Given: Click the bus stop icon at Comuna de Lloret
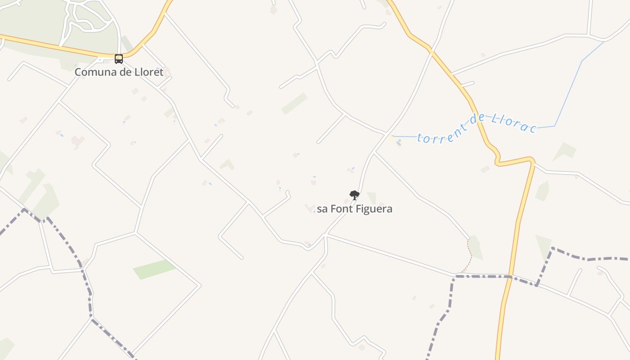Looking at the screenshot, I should coord(119,58).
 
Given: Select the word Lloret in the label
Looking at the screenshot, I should coord(148,72).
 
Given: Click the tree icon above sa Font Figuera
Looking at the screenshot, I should coord(355,195).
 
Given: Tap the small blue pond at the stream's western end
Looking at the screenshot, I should coord(399,143).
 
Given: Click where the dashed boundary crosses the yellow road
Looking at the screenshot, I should coord(509,276).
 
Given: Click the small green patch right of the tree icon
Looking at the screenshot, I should coord(371,198).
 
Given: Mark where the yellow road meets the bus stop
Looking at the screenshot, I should coord(119,56).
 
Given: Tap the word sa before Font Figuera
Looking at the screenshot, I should coord(322,209).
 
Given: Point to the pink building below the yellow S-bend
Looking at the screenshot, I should coord(485,169).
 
